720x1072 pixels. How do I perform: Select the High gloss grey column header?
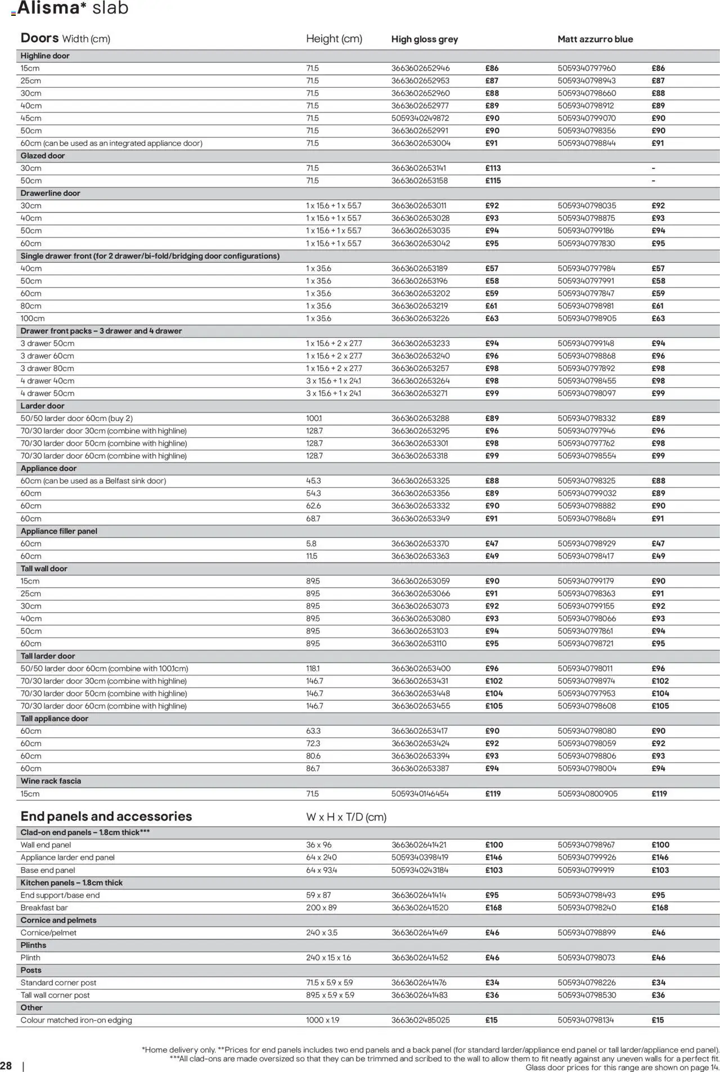[x=424, y=39]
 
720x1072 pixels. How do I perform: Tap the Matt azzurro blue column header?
[x=595, y=39]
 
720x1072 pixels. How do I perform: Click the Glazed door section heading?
[x=43, y=156]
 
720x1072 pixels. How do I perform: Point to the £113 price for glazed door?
[x=493, y=168]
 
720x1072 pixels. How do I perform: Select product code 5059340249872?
[x=420, y=118]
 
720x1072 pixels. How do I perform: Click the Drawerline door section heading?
[x=50, y=193]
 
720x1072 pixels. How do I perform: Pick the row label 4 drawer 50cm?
[x=47, y=393]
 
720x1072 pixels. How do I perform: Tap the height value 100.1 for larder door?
[x=314, y=418]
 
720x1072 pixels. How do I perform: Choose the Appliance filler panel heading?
[x=58, y=531]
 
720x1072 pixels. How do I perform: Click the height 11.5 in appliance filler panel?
[x=312, y=556]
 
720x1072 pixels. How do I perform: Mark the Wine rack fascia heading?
[x=51, y=781]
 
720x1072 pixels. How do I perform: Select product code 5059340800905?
[x=587, y=793]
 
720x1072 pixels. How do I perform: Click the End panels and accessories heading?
[x=106, y=817]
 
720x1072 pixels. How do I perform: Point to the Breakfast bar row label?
[x=44, y=908]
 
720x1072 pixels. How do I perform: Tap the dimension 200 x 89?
[x=321, y=908]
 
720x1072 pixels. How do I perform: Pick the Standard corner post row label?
[x=58, y=983]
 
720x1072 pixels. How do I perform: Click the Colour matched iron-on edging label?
[x=76, y=1020]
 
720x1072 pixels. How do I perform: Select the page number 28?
[x=6, y=1066]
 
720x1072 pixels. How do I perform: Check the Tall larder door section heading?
[x=48, y=656]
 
